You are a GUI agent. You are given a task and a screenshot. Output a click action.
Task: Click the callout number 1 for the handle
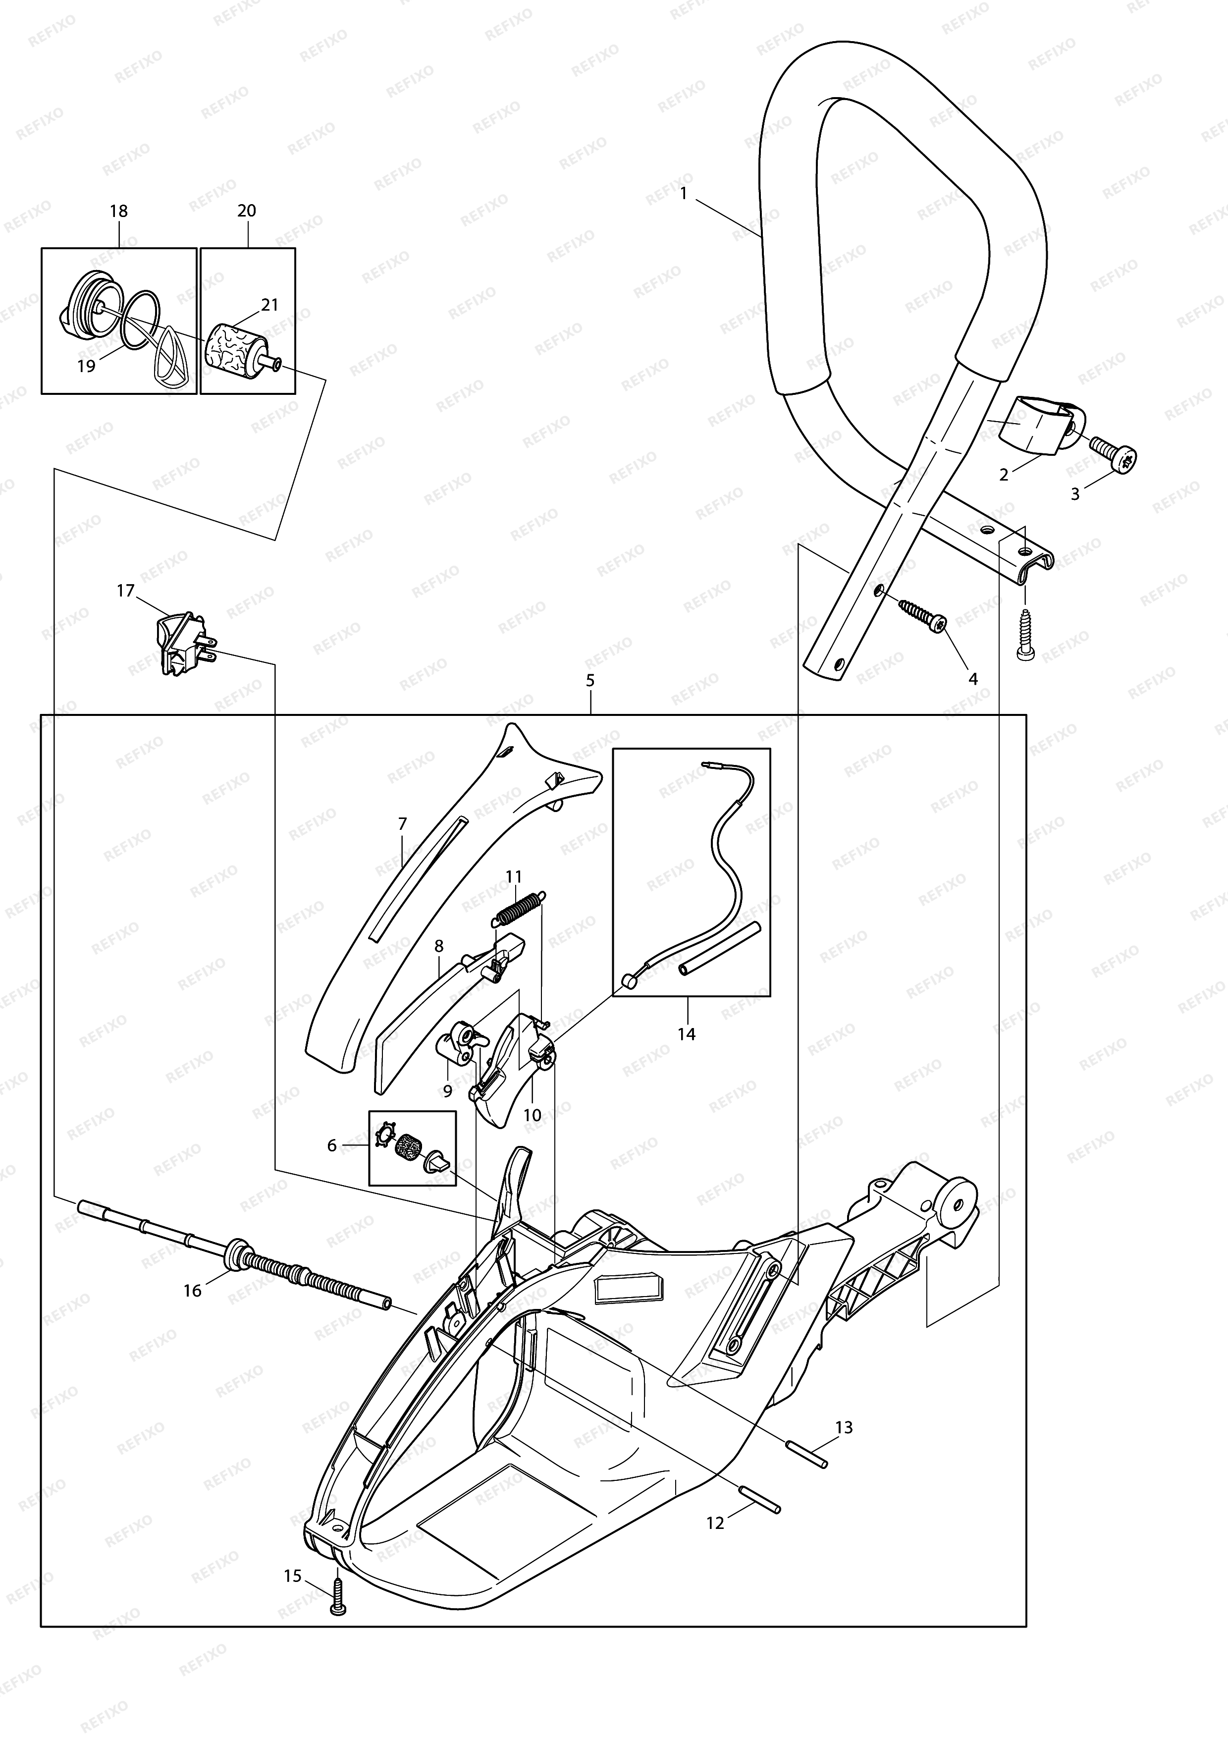[683, 193]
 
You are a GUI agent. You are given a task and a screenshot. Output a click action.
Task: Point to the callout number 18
[119, 211]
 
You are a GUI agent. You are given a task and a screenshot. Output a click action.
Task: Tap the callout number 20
[247, 211]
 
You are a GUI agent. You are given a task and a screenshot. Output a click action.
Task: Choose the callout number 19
[86, 366]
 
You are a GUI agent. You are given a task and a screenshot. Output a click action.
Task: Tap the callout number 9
[447, 1091]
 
